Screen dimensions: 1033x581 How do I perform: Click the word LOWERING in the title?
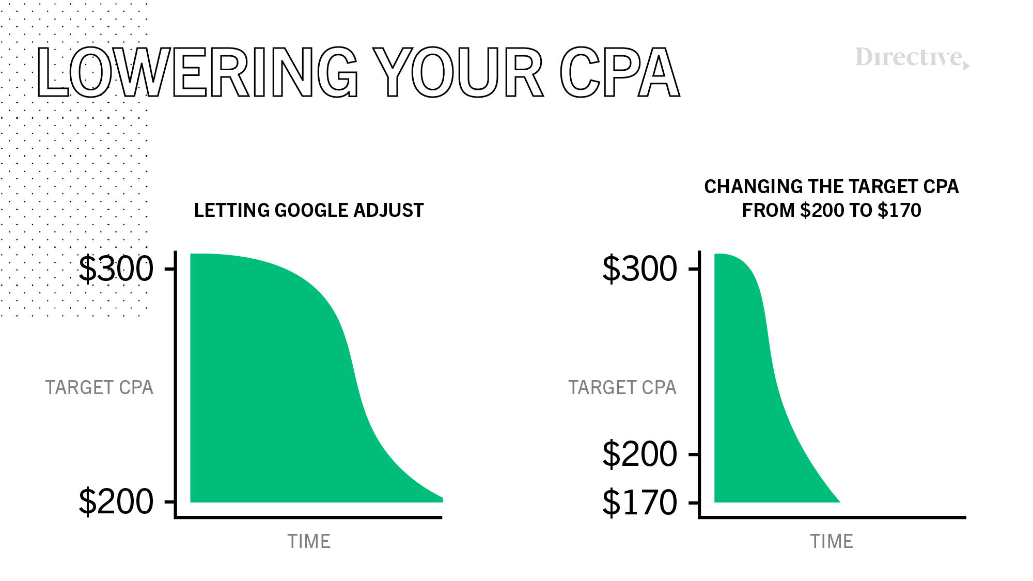198,72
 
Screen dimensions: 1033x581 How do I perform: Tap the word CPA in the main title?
620,72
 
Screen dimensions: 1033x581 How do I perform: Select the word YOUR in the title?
458,72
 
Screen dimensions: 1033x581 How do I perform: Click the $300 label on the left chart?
116,269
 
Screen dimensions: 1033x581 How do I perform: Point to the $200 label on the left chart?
116,501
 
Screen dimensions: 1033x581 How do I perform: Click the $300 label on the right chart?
640,269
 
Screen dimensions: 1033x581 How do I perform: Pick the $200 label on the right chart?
640,454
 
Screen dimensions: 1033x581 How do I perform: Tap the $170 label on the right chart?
640,502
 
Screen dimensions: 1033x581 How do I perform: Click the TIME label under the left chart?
309,541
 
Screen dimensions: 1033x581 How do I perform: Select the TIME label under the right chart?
832,541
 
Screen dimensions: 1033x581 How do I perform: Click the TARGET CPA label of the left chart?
99,387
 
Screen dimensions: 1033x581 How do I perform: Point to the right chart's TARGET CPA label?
622,387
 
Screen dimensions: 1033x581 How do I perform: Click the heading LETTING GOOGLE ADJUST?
309,210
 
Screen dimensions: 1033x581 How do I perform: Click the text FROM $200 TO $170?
832,210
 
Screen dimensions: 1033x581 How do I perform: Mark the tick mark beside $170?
694,502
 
